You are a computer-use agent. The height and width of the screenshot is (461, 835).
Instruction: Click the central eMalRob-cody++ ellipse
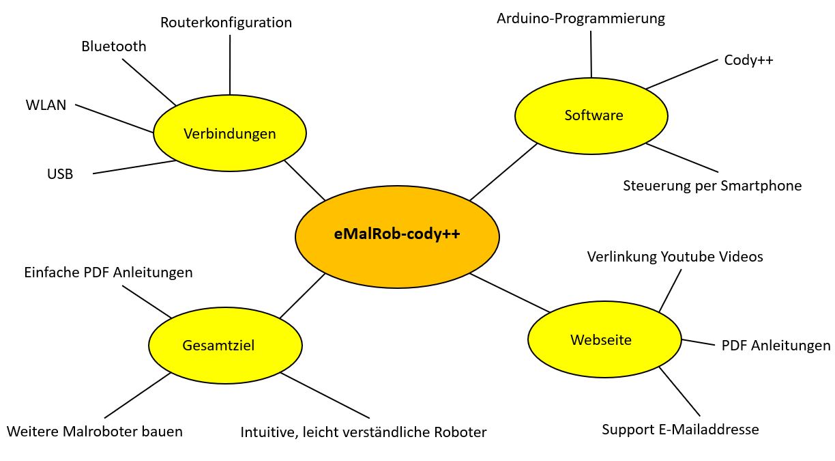coord(397,234)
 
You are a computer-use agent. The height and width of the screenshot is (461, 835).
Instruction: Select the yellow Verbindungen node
coord(229,134)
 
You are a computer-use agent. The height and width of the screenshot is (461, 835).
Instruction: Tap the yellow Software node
coord(591,115)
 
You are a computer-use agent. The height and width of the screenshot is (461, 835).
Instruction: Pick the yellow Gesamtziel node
coord(225,346)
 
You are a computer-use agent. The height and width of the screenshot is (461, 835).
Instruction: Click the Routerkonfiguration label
coord(226,23)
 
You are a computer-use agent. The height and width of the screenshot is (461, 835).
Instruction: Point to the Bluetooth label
coord(114,46)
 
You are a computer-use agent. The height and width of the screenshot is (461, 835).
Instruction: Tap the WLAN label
coord(46,105)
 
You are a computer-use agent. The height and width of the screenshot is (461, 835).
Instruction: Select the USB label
coord(60,173)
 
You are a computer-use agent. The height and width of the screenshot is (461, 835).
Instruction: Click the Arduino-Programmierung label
coord(581,18)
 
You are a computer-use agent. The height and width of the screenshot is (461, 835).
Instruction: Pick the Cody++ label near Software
coord(748,60)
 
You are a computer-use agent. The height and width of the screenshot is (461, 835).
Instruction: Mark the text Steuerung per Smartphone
coord(712,186)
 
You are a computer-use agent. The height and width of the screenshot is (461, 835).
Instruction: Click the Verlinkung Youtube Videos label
coord(675,257)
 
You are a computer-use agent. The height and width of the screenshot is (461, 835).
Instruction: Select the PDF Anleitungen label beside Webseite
coord(776,346)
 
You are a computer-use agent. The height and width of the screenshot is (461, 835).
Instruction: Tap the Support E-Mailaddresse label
coord(680,430)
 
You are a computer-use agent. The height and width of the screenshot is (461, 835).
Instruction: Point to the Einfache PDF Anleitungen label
coord(108,273)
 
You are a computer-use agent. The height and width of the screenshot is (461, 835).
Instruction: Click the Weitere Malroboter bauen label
coord(95,432)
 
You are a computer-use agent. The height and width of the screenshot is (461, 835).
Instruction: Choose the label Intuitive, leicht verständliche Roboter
coord(364,432)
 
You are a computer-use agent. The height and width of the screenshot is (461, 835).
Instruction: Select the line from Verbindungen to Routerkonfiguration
coord(230,65)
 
